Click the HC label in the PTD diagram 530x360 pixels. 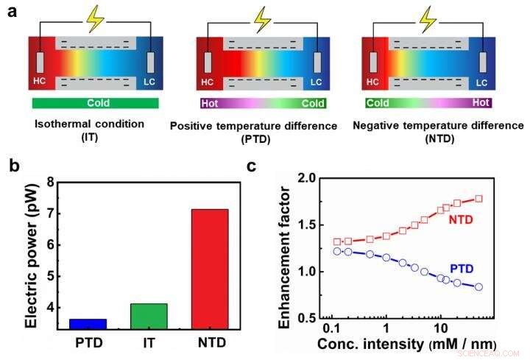(x=208, y=81)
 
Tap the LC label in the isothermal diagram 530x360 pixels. (x=150, y=81)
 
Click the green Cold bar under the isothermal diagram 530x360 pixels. (x=95, y=103)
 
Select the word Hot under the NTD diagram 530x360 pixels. (x=480, y=103)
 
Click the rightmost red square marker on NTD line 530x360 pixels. (x=478, y=199)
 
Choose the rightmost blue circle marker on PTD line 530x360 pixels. (x=478, y=286)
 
